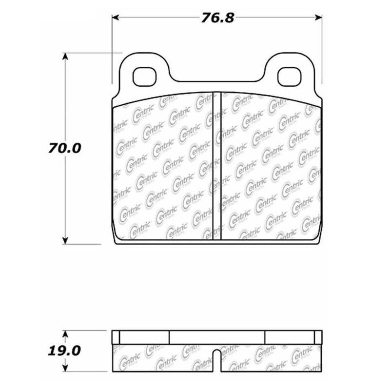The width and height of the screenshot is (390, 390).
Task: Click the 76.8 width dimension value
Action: point(217,18)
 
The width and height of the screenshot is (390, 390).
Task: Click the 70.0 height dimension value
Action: point(65,148)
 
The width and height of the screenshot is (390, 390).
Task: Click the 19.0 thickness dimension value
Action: point(64,351)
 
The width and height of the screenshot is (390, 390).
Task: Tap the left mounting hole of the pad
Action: point(145,77)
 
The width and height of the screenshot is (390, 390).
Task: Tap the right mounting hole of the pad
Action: point(289,77)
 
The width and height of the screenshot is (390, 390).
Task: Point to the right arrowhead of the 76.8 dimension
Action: point(318,18)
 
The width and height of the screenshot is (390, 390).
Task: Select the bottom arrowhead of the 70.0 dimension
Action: point(65,240)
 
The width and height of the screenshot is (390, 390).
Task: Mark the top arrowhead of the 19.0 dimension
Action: point(65,334)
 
